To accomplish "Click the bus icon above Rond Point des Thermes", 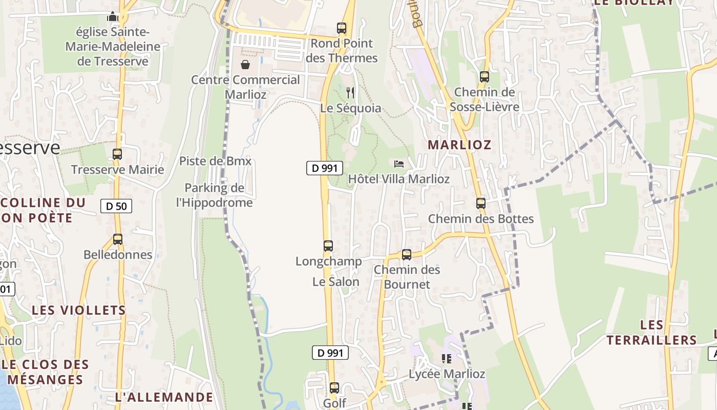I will click(342, 28).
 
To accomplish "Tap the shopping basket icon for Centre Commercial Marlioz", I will click(245, 65).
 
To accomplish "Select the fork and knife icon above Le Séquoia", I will click(350, 92).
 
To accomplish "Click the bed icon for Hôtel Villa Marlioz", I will click(399, 164).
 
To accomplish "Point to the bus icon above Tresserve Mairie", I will click(117, 154).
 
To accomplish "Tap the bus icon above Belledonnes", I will click(118, 239).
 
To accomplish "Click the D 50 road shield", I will click(116, 206).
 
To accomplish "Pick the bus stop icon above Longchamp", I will click(328, 245).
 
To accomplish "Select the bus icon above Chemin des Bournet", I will click(407, 254).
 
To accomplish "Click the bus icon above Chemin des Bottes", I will click(480, 203).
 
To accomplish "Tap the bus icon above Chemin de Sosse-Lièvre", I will click(484, 77).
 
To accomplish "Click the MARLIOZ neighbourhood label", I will click(459, 145).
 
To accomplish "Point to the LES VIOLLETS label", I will click(79, 310).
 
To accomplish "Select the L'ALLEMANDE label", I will click(164, 397).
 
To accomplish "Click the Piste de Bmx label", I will click(215, 161).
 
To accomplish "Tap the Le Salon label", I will click(336, 282).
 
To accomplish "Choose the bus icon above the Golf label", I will click(334, 388).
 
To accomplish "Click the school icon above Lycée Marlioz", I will click(446, 359).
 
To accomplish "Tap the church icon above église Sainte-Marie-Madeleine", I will click(113, 17).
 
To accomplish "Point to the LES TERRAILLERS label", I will click(651, 332).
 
